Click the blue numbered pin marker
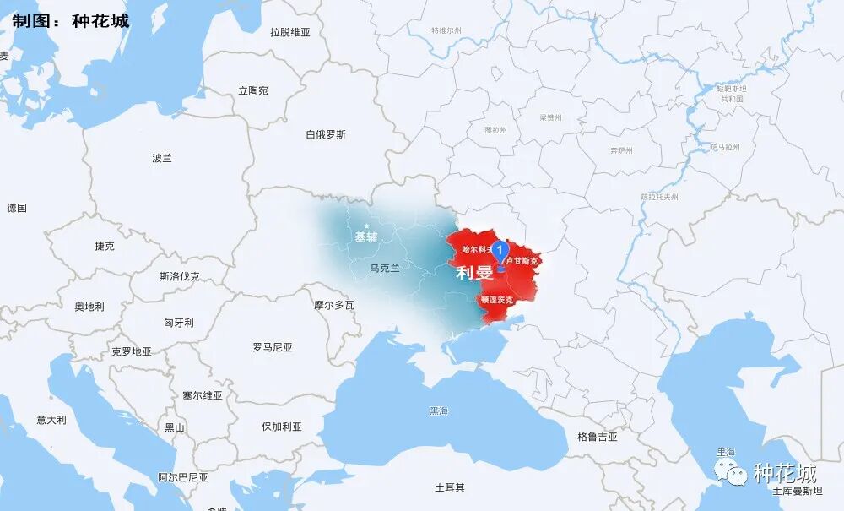pos(500,251)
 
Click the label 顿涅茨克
pos(496,300)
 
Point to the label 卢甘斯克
pos(523,261)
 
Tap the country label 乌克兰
pos(385,268)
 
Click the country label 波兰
pos(162,158)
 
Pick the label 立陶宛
pos(253,90)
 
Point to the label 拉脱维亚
pos(290,33)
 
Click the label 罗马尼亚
pos(273,347)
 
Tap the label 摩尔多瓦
pos(333,305)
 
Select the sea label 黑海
pos(439,411)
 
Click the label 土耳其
pos(450,487)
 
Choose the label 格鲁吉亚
pos(598,437)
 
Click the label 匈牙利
pos(179,323)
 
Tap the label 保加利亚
pos(282,427)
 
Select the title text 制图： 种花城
pos(70,21)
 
